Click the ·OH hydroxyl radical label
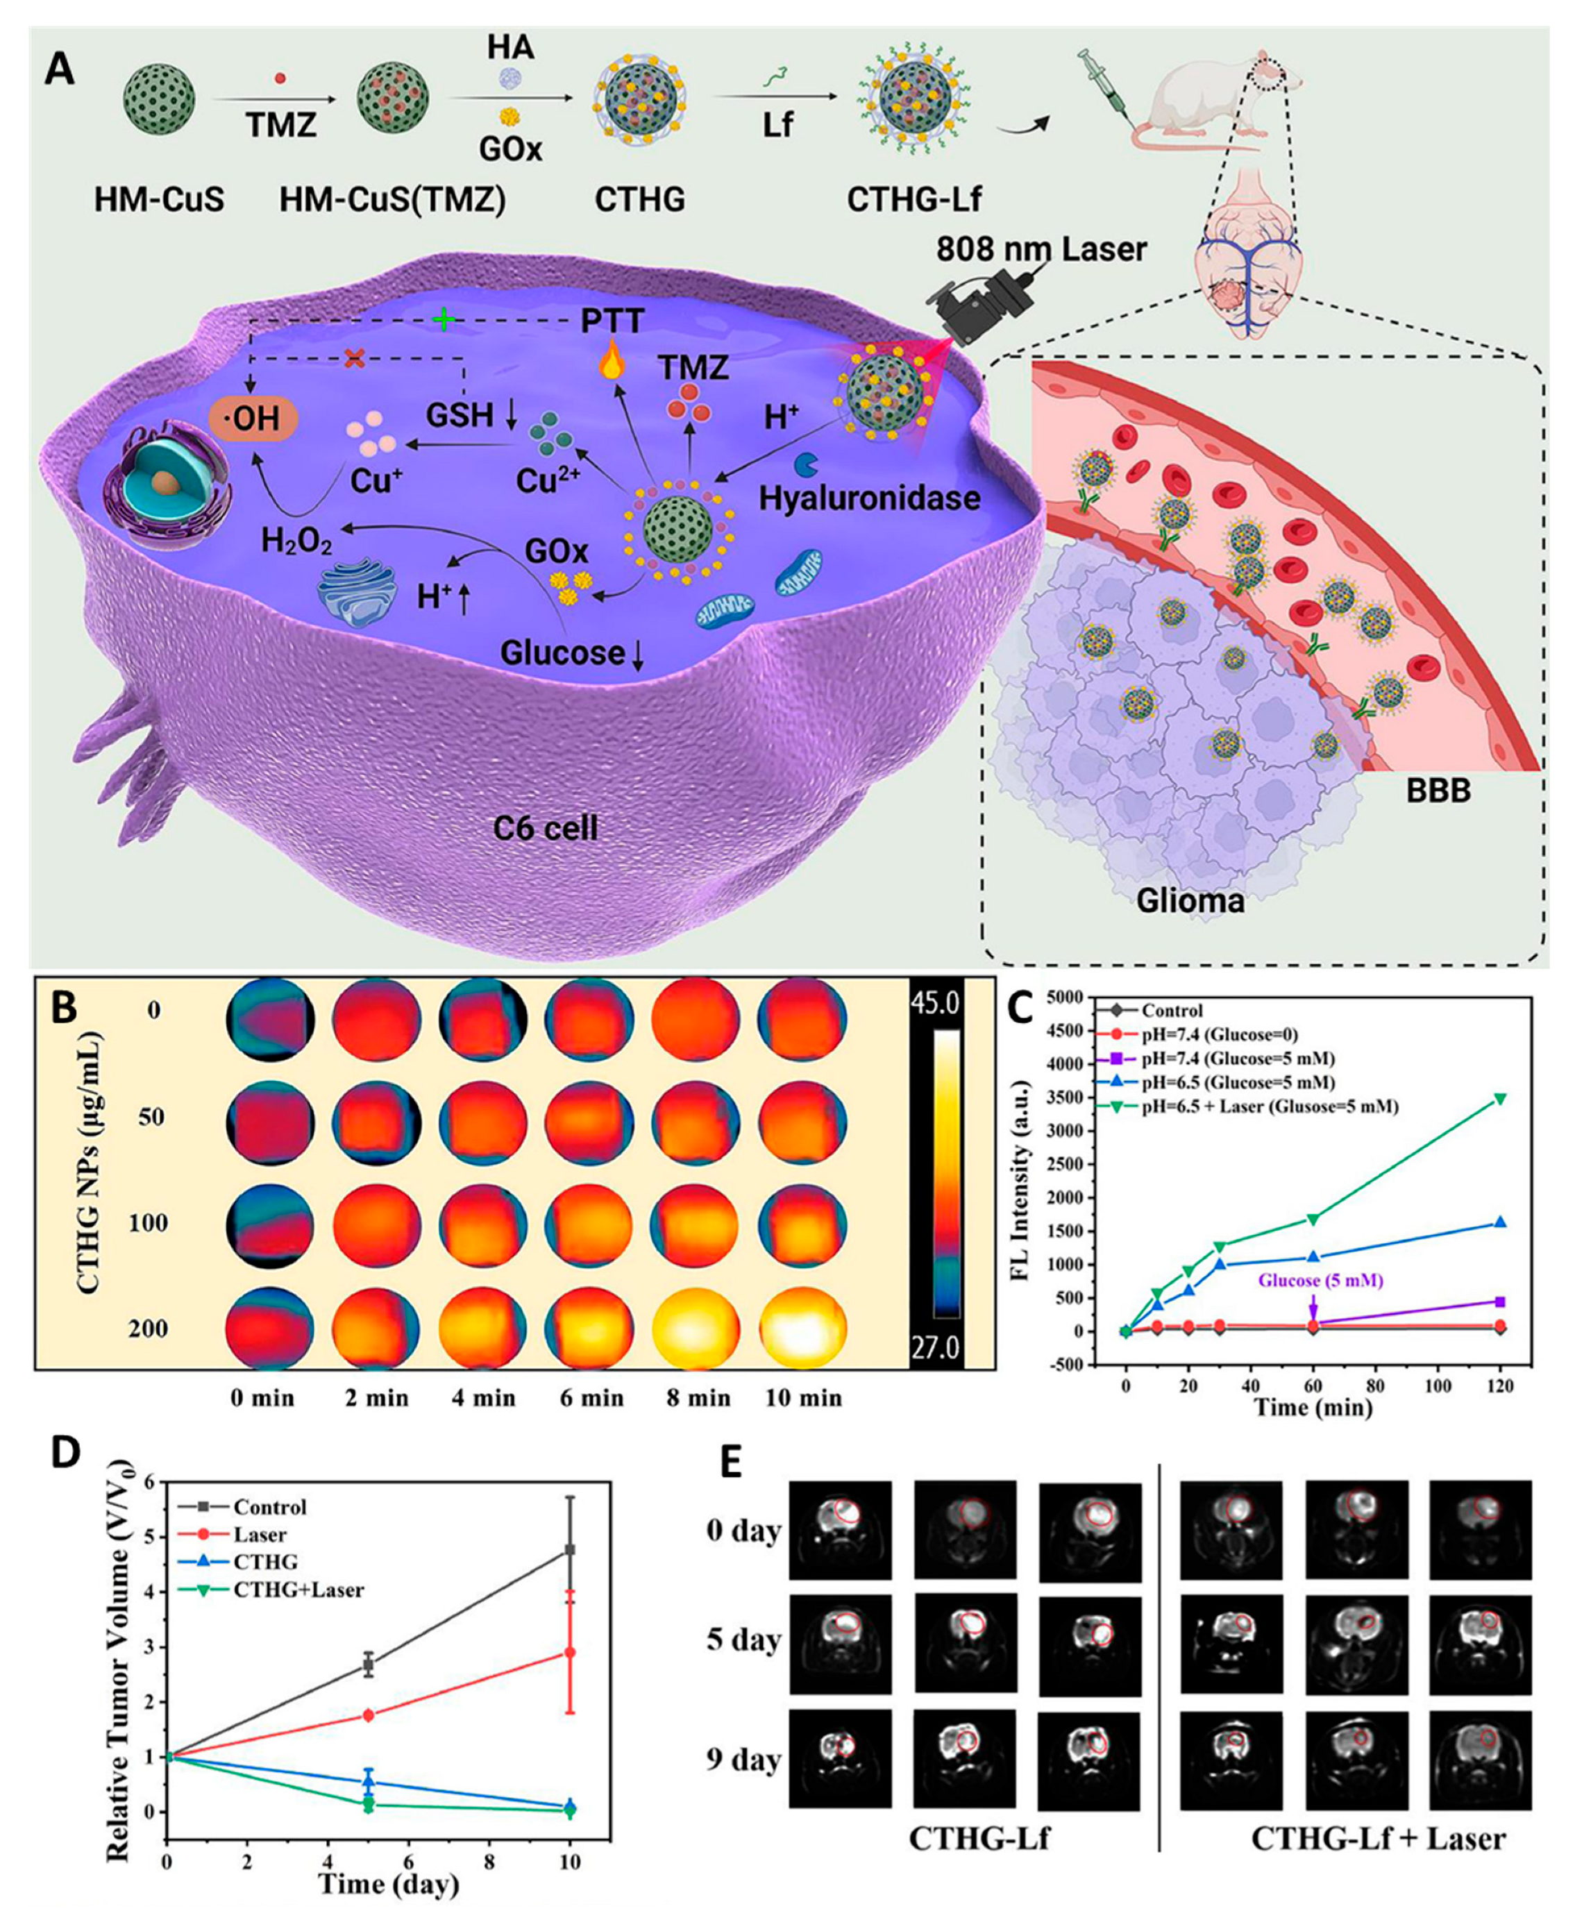click(x=253, y=419)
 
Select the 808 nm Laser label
click(x=1041, y=249)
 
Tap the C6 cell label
click(x=546, y=827)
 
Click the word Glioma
click(x=1190, y=900)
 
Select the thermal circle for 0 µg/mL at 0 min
click(x=269, y=1020)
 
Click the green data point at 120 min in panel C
click(x=1500, y=1098)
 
